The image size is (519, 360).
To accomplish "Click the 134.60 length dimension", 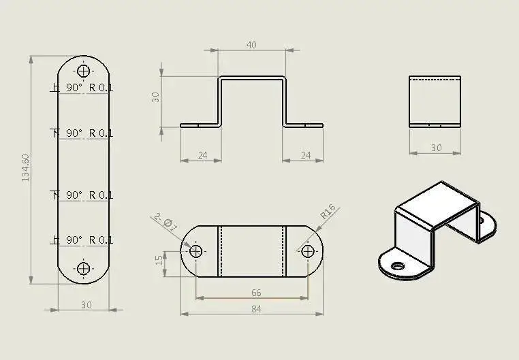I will (26, 167).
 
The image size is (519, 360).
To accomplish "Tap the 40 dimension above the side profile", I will (251, 45).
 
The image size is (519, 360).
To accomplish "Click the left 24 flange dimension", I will (202, 155).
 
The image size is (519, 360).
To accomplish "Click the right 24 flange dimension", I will (306, 155).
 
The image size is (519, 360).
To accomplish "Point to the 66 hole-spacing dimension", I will (256, 293).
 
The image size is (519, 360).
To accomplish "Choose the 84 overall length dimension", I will (256, 309).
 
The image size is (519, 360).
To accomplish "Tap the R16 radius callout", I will (328, 212).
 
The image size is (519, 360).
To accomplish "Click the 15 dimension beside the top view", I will (158, 261).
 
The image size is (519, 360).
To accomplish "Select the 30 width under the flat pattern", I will (86, 305).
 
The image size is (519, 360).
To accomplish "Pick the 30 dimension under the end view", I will (436, 147).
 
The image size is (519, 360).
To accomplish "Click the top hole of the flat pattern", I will (84, 71).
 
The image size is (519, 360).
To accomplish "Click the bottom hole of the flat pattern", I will (84, 268).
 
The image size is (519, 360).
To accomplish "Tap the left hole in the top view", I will (196, 251).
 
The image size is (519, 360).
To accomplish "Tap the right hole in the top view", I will (307, 251).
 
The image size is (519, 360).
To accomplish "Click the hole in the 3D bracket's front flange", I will (398, 265).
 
